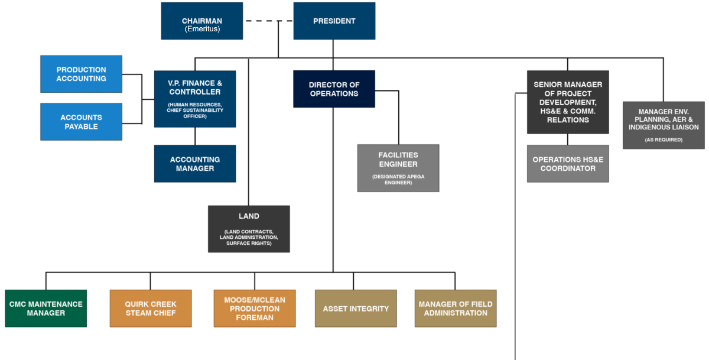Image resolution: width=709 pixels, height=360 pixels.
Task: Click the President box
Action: [x=334, y=21]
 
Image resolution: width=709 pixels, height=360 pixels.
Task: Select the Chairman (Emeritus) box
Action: [x=201, y=21]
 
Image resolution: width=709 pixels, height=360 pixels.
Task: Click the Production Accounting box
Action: [x=81, y=74]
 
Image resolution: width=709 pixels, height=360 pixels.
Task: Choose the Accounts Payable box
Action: [x=81, y=122]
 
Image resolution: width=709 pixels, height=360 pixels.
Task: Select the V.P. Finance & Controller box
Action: [x=195, y=99]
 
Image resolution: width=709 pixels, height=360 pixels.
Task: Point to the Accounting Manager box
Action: [x=195, y=164]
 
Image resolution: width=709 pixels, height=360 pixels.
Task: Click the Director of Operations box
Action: [x=334, y=89]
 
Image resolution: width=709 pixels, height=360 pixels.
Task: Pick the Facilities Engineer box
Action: [x=398, y=168]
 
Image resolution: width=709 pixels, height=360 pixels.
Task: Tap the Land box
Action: [x=249, y=229]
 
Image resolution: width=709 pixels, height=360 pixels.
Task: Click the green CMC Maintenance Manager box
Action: [x=45, y=308]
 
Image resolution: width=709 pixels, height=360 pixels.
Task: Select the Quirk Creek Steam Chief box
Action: [x=151, y=308]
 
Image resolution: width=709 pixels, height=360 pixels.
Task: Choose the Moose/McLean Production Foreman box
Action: [x=255, y=308]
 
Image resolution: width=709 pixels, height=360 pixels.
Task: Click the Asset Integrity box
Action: [x=356, y=308]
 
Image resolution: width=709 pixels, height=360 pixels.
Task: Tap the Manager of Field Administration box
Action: [x=456, y=308]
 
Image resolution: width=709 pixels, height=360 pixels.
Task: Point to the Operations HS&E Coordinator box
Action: [x=568, y=164]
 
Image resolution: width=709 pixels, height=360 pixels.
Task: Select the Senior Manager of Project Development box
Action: [x=568, y=102]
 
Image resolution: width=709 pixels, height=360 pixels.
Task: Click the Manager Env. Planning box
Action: [x=664, y=125]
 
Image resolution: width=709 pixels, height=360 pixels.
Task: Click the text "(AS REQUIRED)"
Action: [x=664, y=140]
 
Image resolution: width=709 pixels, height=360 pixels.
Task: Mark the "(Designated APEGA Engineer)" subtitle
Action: [x=398, y=180]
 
